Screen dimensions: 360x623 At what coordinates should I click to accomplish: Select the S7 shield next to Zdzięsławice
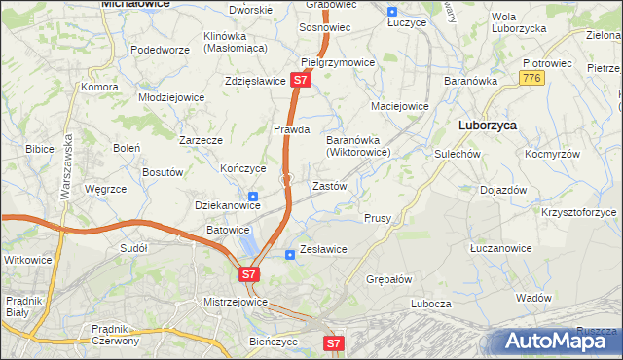pyautogui.click(x=301, y=81)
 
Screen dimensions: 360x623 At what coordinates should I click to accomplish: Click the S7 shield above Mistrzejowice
pyautogui.click(x=249, y=275)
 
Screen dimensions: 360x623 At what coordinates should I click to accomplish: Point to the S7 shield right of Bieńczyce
pyautogui.click(x=334, y=342)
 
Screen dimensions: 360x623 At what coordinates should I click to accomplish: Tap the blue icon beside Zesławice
pyautogui.click(x=289, y=255)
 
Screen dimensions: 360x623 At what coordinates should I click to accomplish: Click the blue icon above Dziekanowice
pyautogui.click(x=253, y=197)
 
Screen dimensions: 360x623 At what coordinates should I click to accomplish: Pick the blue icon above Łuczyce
pyautogui.click(x=391, y=13)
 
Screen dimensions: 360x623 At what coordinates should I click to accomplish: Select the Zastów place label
pyautogui.click(x=329, y=185)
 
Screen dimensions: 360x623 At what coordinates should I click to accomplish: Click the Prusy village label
pyautogui.click(x=378, y=219)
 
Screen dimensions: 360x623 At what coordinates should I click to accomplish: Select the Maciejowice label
pyautogui.click(x=400, y=106)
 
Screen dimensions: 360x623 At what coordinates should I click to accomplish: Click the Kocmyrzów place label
pyautogui.click(x=552, y=155)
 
